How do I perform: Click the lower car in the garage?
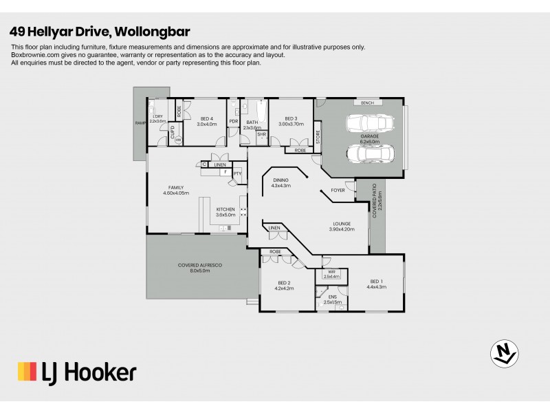[370, 154]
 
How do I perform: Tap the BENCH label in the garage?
[367, 103]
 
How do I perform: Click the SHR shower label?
[261, 135]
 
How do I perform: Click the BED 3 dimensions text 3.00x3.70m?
[291, 124]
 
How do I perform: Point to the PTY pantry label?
[237, 173]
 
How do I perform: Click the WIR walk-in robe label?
[332, 273]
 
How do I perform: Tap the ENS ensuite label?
[332, 297]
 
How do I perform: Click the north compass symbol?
[503, 352]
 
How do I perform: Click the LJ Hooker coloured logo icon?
[27, 372]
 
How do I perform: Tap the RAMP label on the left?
[140, 122]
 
